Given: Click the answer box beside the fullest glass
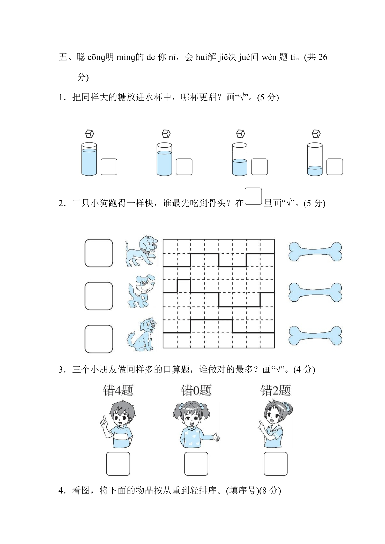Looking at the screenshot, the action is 109,167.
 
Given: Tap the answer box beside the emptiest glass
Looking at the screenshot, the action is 335,167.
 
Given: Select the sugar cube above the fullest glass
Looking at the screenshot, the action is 90,134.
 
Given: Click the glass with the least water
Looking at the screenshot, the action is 315,159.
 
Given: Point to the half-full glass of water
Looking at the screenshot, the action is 240,159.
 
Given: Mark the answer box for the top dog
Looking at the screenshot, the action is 99,253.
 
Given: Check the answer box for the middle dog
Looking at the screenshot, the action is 99,296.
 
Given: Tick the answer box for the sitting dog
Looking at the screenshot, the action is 99,339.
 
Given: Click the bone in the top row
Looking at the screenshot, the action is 315,252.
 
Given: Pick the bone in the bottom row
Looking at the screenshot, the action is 315,336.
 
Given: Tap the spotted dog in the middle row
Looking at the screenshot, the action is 142,291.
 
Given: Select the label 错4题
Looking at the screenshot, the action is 118,390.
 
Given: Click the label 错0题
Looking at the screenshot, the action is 196,390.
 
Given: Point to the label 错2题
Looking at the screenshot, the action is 276,390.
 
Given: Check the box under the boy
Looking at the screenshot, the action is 118,464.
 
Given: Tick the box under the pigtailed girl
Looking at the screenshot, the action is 196,464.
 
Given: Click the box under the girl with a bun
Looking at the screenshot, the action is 276,464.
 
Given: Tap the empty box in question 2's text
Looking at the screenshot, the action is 253,196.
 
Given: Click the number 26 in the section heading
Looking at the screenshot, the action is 323,57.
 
